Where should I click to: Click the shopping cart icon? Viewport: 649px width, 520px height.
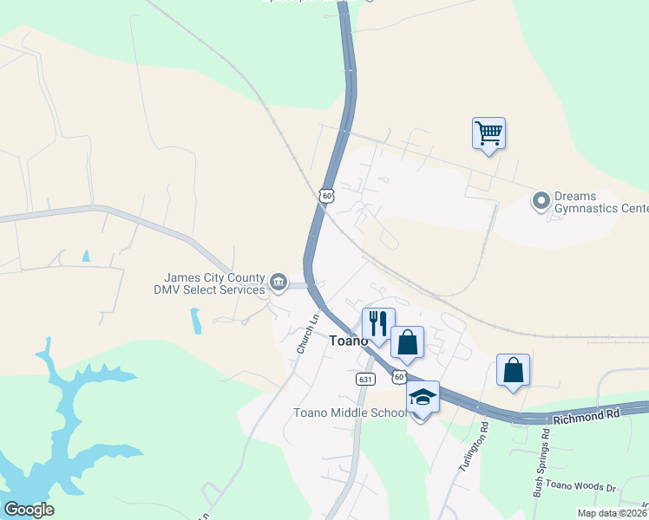click(x=489, y=133)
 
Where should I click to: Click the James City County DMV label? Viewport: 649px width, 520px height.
click(x=208, y=283)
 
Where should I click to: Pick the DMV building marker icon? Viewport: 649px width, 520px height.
click(x=279, y=282)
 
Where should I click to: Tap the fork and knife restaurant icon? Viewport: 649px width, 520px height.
click(x=378, y=323)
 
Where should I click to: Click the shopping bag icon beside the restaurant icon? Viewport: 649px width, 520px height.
click(x=407, y=341)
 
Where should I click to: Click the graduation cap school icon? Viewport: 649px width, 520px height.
click(x=423, y=397)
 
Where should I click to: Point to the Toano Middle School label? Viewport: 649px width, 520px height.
click(x=351, y=413)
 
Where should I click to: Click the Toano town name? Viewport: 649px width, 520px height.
click(x=349, y=341)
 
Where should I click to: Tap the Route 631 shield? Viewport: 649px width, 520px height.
click(x=364, y=380)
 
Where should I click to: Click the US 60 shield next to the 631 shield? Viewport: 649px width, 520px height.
click(x=398, y=377)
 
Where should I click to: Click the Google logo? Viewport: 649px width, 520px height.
click(x=29, y=510)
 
